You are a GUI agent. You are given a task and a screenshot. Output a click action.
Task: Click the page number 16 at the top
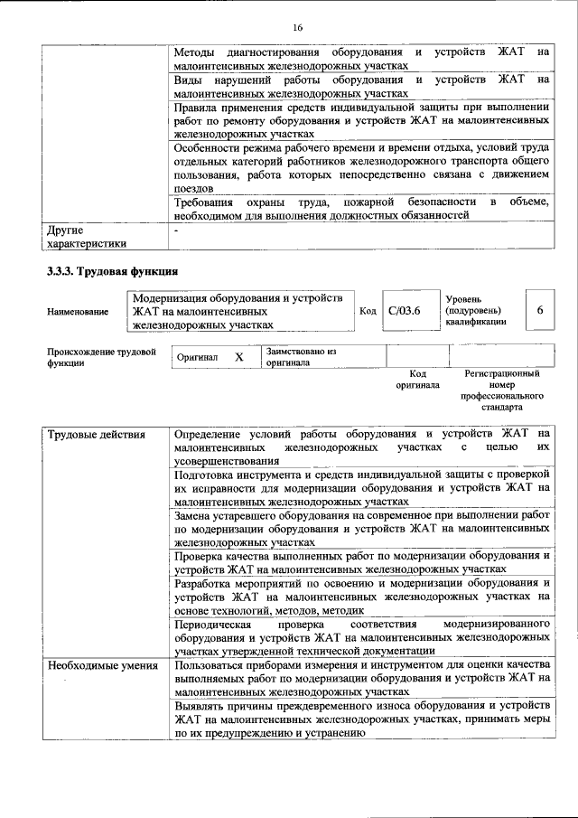pyautogui.click(x=297, y=27)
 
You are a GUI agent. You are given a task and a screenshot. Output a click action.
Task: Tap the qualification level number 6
pyautogui.click(x=539, y=310)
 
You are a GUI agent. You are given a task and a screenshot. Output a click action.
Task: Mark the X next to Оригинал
pyautogui.click(x=239, y=357)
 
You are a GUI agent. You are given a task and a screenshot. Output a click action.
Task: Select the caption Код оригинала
pyautogui.click(x=417, y=379)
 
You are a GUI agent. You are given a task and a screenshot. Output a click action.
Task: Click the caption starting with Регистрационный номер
pyautogui.click(x=502, y=390)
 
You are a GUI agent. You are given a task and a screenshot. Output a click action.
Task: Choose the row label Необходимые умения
pyautogui.click(x=99, y=665)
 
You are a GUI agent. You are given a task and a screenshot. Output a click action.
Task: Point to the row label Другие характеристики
pyautogui.click(x=87, y=236)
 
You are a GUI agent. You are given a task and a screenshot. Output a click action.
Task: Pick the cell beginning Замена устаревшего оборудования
pyautogui.click(x=361, y=527)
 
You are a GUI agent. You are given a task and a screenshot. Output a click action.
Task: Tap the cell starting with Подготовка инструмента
pyautogui.click(x=361, y=486)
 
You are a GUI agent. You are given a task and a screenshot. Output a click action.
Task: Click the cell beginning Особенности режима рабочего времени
pyautogui.click(x=361, y=168)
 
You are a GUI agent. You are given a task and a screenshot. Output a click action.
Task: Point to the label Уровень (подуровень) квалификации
pyautogui.click(x=477, y=311)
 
